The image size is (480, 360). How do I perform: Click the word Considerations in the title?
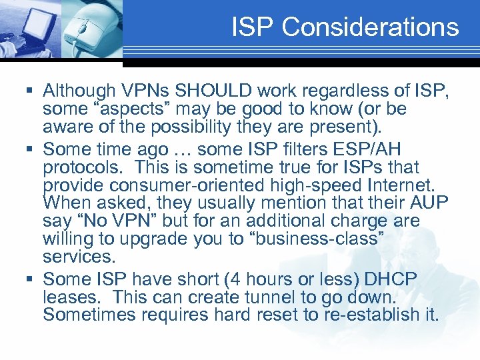pyautogui.click(x=370, y=27)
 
